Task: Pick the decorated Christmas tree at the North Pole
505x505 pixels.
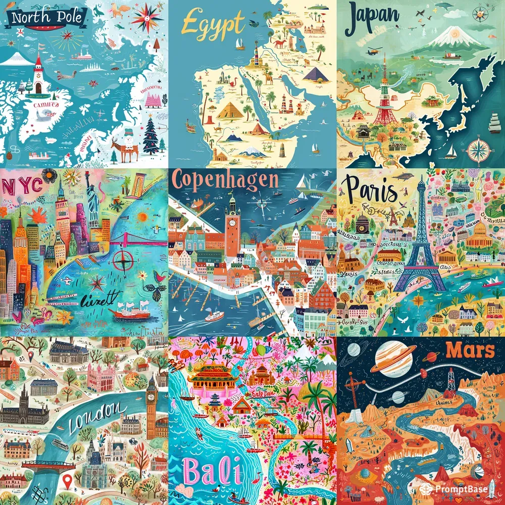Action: [x=150, y=135]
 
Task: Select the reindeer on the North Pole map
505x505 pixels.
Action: [x=124, y=146]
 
